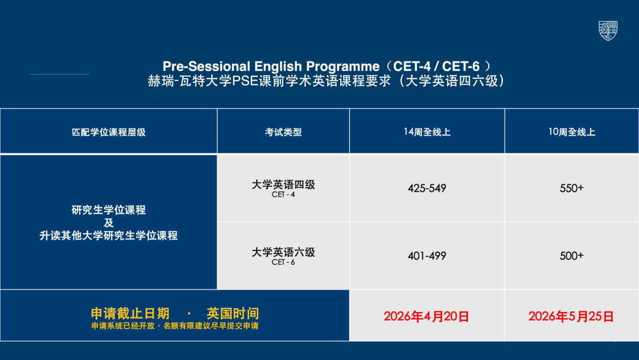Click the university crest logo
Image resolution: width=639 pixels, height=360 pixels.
coord(608,31)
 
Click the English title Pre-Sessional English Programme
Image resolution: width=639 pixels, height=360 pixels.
coord(271,66)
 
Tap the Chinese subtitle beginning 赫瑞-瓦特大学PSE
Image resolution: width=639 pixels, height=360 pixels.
coord(326,81)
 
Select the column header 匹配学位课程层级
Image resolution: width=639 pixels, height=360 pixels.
coord(108,132)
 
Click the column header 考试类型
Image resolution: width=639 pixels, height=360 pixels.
coord(283,132)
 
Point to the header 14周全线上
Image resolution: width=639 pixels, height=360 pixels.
coord(427,132)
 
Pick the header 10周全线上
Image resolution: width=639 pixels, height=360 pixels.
coord(572,132)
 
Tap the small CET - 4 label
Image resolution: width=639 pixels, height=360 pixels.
coord(283,194)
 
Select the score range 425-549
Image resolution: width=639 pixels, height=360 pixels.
coord(427,188)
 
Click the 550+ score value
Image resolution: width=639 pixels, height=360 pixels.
coord(572,188)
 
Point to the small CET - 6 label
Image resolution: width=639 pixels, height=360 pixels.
coord(283,262)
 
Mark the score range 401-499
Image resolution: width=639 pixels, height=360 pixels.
coord(427,256)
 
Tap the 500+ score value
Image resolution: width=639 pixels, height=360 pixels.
coord(572,256)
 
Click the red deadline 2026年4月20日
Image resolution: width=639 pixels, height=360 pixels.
coord(426,316)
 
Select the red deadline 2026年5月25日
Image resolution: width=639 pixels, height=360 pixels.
coord(571,316)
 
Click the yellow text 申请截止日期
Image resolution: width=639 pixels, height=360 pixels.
coord(130,313)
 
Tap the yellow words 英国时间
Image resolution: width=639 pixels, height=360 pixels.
coord(233,313)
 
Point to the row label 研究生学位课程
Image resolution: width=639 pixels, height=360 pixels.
coord(108,210)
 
